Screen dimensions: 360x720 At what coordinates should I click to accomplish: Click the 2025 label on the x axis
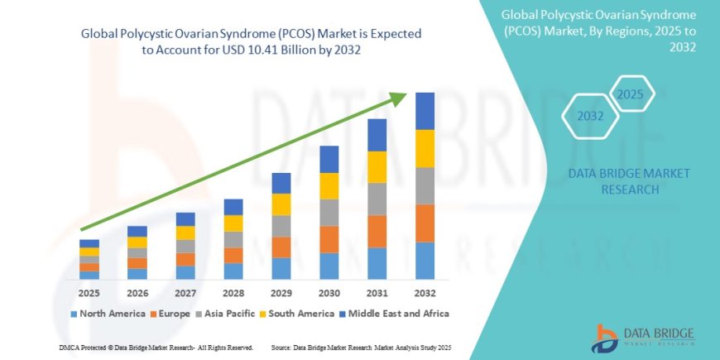(89, 294)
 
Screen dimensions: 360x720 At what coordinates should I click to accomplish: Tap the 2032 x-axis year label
(425, 294)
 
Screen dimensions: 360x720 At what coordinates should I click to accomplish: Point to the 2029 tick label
(281, 294)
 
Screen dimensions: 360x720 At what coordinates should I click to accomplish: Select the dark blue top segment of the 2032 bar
(425, 111)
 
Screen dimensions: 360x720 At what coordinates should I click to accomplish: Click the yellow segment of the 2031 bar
(377, 167)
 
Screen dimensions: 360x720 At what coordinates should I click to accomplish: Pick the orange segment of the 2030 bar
(329, 239)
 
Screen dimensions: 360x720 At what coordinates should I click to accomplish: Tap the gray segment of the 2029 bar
(281, 226)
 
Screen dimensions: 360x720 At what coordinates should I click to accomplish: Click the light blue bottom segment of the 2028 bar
(233, 271)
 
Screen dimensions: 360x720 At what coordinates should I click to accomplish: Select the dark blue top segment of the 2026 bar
(137, 232)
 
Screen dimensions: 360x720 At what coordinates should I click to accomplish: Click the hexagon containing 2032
(590, 117)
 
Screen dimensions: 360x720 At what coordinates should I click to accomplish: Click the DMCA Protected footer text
(156, 347)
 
